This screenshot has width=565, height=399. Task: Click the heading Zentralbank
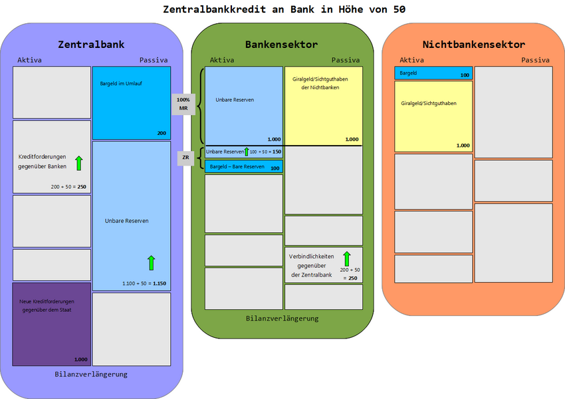tap(91, 45)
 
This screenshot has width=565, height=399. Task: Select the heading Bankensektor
tap(281, 45)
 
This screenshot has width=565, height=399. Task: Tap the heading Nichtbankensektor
tap(473, 45)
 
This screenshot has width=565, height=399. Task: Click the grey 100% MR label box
tap(183, 104)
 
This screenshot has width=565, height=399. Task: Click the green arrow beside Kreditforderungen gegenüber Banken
tap(78, 162)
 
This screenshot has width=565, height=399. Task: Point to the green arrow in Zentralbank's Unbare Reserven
tap(151, 263)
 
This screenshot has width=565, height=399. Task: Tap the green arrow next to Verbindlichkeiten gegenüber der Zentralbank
tap(346, 258)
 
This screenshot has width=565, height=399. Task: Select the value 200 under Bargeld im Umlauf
tap(162, 133)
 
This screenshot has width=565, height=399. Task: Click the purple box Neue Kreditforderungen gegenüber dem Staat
tap(52, 324)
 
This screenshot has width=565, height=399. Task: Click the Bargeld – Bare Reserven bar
tap(244, 167)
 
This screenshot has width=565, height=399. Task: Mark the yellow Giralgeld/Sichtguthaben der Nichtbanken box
tap(323, 106)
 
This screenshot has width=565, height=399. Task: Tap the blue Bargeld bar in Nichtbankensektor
tap(433, 73)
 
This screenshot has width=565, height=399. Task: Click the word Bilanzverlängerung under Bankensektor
tap(282, 319)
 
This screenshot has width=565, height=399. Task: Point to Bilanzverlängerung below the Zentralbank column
tap(91, 374)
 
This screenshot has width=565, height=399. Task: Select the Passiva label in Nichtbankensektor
tap(535, 60)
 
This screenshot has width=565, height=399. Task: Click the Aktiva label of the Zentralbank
tap(29, 60)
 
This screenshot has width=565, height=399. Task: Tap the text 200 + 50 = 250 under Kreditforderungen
tap(69, 187)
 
